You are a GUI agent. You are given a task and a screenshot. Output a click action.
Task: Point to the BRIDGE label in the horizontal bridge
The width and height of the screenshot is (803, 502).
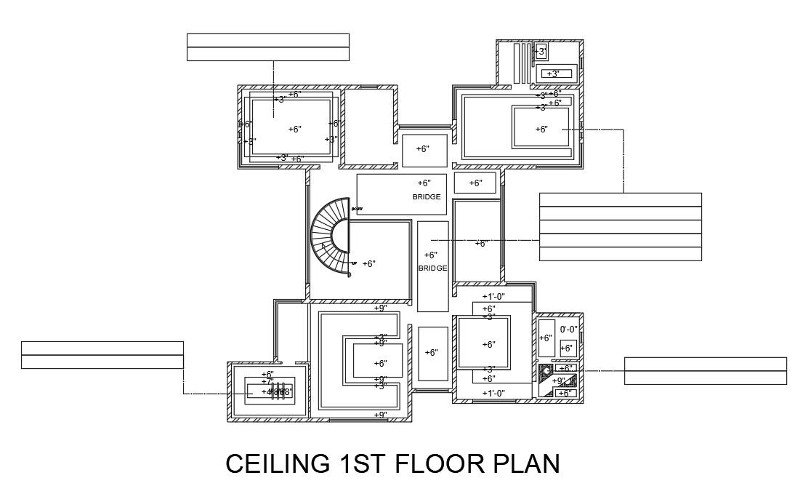coord(427,197)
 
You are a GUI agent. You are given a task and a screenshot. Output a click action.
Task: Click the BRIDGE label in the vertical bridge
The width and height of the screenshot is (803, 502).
coord(432,268)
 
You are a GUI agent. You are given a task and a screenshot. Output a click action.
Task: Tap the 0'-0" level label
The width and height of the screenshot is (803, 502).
coord(568,330)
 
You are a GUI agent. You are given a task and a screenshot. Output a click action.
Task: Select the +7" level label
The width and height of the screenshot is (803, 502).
coord(267,382)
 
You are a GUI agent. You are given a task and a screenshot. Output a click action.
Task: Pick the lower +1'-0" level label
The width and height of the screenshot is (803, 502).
coord(493,394)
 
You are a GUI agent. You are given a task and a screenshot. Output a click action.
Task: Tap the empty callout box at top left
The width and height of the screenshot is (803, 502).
coord(267,47)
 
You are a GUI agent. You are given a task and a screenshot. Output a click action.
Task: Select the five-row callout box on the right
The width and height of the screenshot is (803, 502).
coord(620,226)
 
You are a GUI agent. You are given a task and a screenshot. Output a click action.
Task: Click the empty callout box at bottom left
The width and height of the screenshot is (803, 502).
coord(102,354)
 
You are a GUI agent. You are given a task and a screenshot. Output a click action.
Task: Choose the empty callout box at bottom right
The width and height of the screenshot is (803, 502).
coord(705,370)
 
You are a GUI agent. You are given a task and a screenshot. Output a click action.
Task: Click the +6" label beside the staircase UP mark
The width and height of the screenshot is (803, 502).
coord(369,264)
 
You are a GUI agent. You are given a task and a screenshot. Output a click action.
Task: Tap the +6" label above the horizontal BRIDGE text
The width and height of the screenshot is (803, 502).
coord(424,183)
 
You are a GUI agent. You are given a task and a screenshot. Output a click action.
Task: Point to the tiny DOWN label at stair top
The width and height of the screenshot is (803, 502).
coord(357,210)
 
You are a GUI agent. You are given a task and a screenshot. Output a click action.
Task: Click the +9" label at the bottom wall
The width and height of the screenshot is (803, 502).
coord(380,415)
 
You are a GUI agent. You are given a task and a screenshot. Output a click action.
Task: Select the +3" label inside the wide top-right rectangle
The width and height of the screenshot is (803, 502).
coord(552,73)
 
